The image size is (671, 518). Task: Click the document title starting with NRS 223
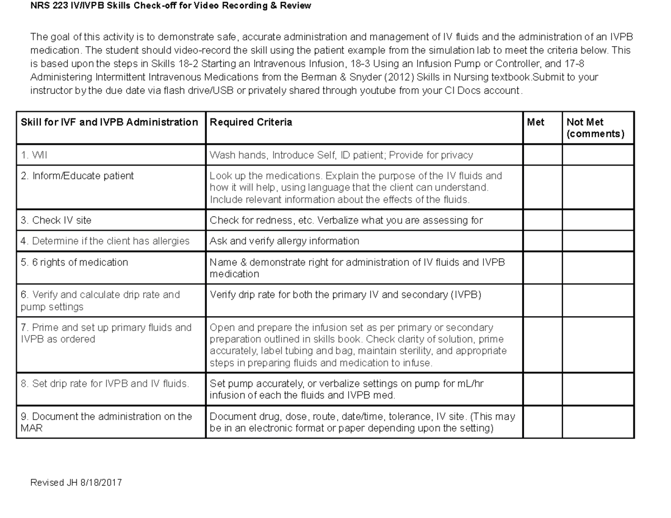(x=171, y=6)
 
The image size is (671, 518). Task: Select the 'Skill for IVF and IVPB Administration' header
(x=110, y=122)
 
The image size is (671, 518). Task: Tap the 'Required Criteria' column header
(x=251, y=122)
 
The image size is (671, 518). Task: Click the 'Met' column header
(x=535, y=122)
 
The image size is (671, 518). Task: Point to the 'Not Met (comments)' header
(x=595, y=128)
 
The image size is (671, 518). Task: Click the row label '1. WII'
(x=34, y=155)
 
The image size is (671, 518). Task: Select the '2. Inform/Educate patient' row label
(x=77, y=176)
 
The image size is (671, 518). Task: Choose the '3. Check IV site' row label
(x=56, y=220)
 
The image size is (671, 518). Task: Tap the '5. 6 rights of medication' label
(x=74, y=262)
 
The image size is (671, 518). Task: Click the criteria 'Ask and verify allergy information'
(x=284, y=241)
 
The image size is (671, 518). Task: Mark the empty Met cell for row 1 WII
(x=542, y=155)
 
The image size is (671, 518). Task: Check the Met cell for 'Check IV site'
(x=542, y=220)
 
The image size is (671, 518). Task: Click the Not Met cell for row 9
(x=598, y=422)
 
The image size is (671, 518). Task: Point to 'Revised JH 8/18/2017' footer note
(x=76, y=482)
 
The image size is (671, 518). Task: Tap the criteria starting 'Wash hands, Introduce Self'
(x=341, y=155)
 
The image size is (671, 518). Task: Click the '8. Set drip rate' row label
(x=105, y=384)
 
